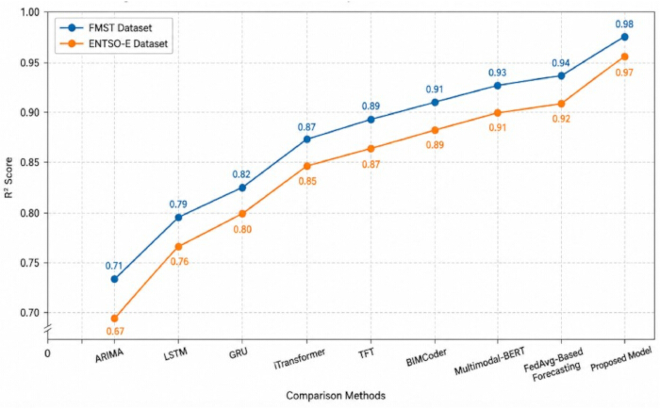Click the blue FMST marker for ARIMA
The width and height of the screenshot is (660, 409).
(x=114, y=279)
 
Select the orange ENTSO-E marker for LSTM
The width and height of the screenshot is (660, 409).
(x=178, y=247)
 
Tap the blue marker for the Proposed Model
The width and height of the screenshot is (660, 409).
(x=624, y=37)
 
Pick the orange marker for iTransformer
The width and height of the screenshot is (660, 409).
(x=306, y=166)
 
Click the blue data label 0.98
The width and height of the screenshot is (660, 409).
(x=624, y=25)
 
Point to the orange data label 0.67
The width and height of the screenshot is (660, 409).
(x=115, y=332)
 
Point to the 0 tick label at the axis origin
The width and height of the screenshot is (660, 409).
(x=47, y=353)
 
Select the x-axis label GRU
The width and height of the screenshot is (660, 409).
(x=239, y=353)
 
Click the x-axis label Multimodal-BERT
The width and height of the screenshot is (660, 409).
(x=489, y=361)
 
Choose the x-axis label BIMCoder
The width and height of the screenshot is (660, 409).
(x=426, y=357)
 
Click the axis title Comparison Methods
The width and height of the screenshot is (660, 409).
(x=336, y=396)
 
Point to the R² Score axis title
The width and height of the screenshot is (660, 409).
(x=8, y=177)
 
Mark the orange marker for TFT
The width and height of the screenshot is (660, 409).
(x=371, y=149)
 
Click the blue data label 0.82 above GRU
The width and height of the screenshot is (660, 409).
(x=241, y=174)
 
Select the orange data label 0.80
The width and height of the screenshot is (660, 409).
(x=242, y=230)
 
